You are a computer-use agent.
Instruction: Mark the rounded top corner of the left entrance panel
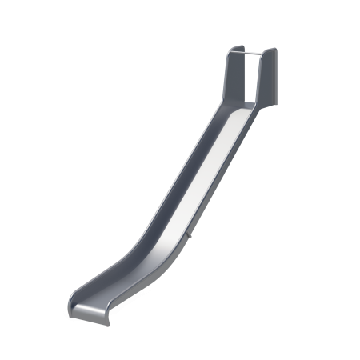click(x=229, y=49)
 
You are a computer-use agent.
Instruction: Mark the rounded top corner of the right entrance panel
click(x=274, y=50)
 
